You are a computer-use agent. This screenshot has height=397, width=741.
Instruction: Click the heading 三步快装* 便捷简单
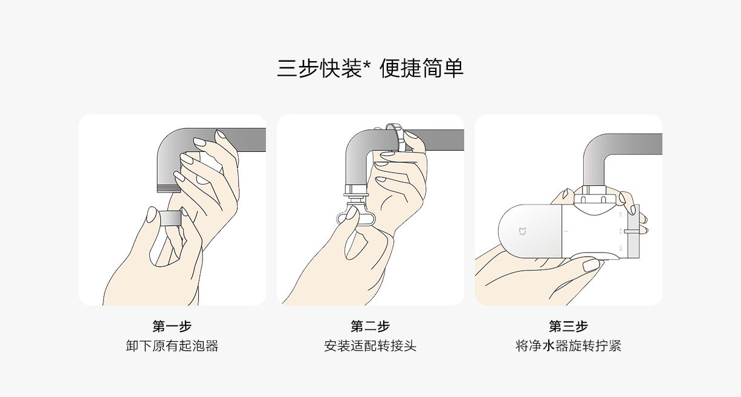[x=370, y=68]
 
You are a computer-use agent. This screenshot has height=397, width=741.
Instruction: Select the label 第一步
[x=172, y=326]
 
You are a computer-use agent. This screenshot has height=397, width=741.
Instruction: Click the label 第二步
[x=370, y=326]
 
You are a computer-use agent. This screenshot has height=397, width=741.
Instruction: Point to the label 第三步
[x=568, y=326]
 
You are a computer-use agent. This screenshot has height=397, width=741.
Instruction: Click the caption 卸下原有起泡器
[x=172, y=346]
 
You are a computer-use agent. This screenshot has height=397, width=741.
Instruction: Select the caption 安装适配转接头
[x=370, y=346]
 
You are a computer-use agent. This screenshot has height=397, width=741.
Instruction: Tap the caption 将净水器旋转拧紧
[x=568, y=346]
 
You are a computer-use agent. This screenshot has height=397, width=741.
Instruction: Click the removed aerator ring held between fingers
[x=170, y=217]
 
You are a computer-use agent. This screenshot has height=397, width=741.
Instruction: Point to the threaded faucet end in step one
[x=169, y=189]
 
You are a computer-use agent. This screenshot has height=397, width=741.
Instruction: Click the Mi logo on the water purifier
[x=522, y=231]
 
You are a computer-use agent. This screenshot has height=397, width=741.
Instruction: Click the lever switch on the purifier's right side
[x=632, y=231]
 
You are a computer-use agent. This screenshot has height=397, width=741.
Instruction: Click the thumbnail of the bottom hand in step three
[x=591, y=265]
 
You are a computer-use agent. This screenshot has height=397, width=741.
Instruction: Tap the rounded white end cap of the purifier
[x=529, y=231]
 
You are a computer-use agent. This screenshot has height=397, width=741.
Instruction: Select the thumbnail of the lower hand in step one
[x=152, y=215]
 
